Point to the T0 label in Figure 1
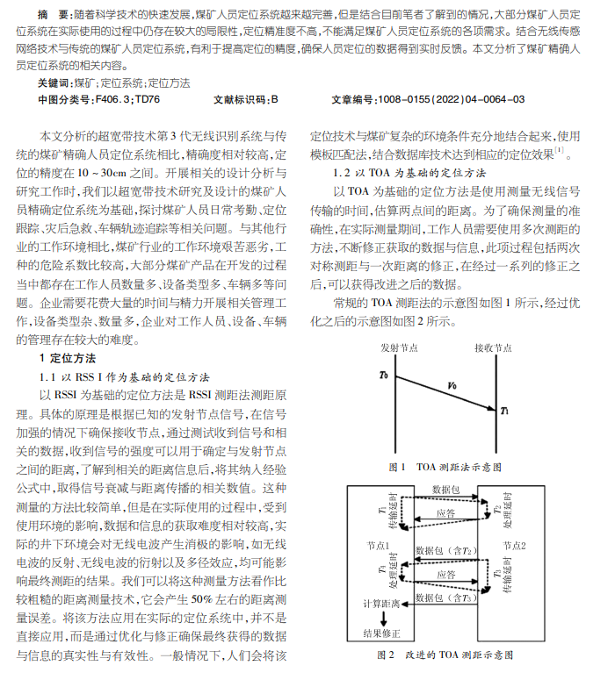point(384,376)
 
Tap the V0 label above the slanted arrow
point(452,384)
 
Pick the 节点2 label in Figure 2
point(517,545)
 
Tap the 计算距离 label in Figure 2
point(380,605)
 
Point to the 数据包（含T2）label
point(447,550)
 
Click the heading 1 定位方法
point(68,333)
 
